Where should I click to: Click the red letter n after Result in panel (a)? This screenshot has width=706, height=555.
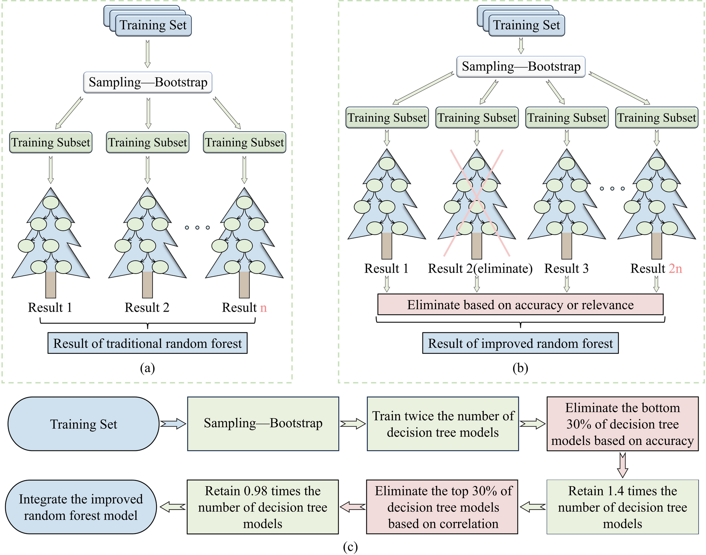click(x=263, y=308)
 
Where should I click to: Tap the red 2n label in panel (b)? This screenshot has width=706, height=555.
click(x=675, y=269)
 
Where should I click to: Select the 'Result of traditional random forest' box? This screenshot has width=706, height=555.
click(x=148, y=343)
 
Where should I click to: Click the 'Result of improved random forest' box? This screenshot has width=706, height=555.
click(x=520, y=343)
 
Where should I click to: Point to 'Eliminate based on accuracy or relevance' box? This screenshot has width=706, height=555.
click(x=520, y=305)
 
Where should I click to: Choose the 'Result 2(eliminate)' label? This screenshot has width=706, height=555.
click(x=480, y=269)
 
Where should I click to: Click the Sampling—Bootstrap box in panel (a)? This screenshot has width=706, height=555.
click(x=148, y=82)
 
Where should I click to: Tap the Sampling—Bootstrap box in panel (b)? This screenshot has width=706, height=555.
click(x=521, y=66)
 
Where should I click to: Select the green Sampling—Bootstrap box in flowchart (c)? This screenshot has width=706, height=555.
click(x=263, y=424)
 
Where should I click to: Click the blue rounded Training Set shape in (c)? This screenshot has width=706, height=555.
click(x=83, y=424)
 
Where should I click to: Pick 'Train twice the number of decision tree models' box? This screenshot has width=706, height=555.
click(x=443, y=424)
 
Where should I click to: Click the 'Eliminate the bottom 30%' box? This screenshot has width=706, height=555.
click(x=623, y=424)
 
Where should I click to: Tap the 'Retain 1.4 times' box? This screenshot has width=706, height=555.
click(x=623, y=507)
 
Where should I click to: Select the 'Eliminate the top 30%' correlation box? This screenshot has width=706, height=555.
click(x=442, y=507)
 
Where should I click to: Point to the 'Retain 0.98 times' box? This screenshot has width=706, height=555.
click(x=263, y=507)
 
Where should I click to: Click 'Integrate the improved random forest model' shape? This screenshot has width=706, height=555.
click(x=81, y=507)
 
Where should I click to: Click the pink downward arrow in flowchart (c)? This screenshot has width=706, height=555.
click(x=623, y=465)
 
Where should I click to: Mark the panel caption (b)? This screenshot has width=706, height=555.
click(x=520, y=368)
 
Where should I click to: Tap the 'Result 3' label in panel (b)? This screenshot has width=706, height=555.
click(x=566, y=269)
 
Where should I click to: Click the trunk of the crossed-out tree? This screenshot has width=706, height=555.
click(x=477, y=246)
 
